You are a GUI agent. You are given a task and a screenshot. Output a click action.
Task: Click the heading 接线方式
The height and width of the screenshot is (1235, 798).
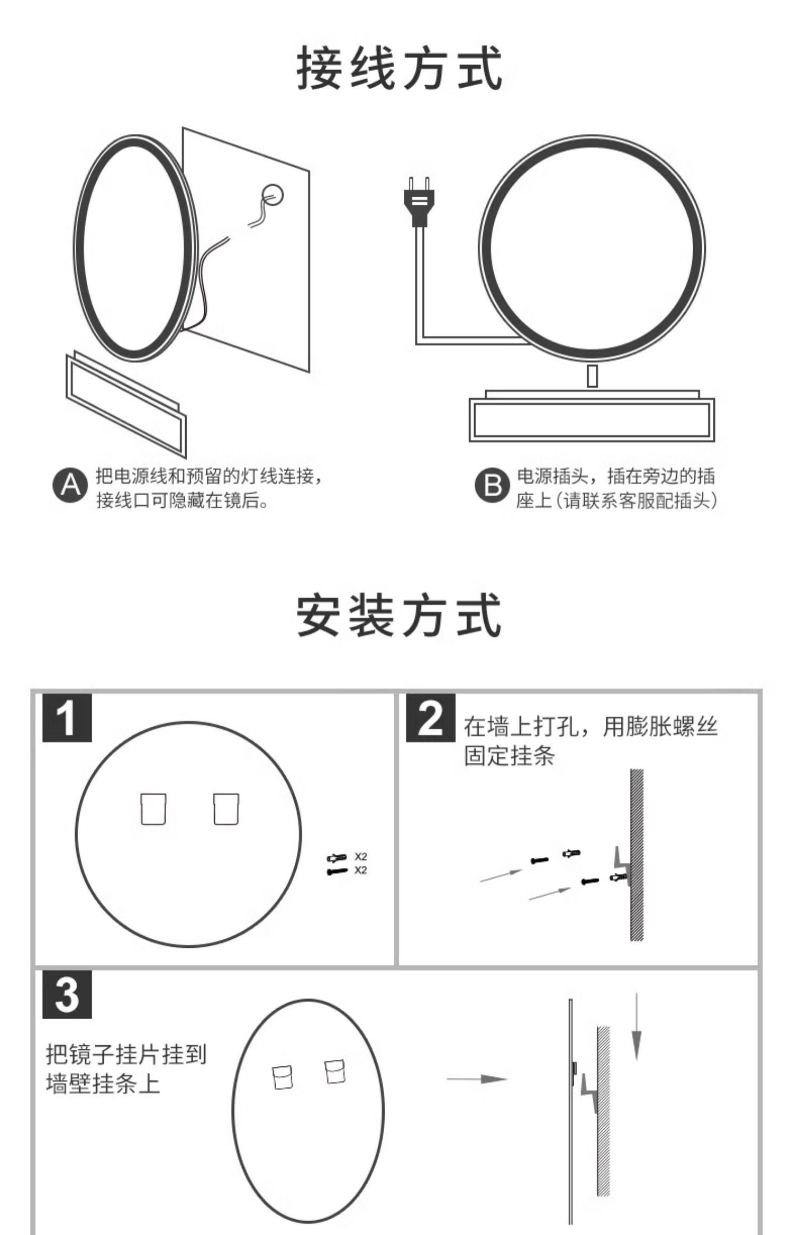pyautogui.click(x=399, y=69)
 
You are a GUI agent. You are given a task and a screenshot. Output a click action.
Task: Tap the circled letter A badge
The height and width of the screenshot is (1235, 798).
pyautogui.click(x=70, y=486)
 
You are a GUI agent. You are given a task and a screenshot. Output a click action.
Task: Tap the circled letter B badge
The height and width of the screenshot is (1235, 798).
pyautogui.click(x=492, y=486)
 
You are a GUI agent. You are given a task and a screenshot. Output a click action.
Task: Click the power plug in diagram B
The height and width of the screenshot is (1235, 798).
pyautogui.click(x=420, y=202)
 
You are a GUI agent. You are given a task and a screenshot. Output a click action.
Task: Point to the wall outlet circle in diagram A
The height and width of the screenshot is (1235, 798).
pyautogui.click(x=273, y=195)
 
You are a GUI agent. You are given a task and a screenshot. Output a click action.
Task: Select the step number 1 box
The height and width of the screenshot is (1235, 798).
pyautogui.click(x=67, y=717)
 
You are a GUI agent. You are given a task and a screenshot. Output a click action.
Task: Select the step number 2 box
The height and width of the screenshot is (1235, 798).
pyautogui.click(x=430, y=717)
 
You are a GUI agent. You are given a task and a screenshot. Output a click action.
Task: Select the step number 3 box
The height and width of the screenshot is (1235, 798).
pyautogui.click(x=67, y=994)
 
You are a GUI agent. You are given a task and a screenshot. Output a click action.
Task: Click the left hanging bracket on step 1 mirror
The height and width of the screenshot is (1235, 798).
pyautogui.click(x=153, y=809)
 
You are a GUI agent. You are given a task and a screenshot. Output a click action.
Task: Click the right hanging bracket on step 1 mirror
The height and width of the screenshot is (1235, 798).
pyautogui.click(x=226, y=809)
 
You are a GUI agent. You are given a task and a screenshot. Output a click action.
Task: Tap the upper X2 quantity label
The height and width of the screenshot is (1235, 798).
pyautogui.click(x=361, y=856)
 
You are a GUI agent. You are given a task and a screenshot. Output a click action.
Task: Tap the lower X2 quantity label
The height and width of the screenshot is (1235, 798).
pyautogui.click(x=361, y=870)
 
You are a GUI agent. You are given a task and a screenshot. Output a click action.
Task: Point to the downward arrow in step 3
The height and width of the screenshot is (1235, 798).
pyautogui.click(x=636, y=1027)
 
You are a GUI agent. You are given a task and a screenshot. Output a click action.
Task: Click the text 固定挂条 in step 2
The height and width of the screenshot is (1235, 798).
pyautogui.click(x=509, y=756)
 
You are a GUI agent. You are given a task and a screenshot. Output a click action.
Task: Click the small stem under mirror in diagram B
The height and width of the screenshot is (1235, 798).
pyautogui.click(x=592, y=377)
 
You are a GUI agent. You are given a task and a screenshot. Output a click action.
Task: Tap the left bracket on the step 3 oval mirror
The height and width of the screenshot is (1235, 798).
pyautogui.click(x=282, y=1077)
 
